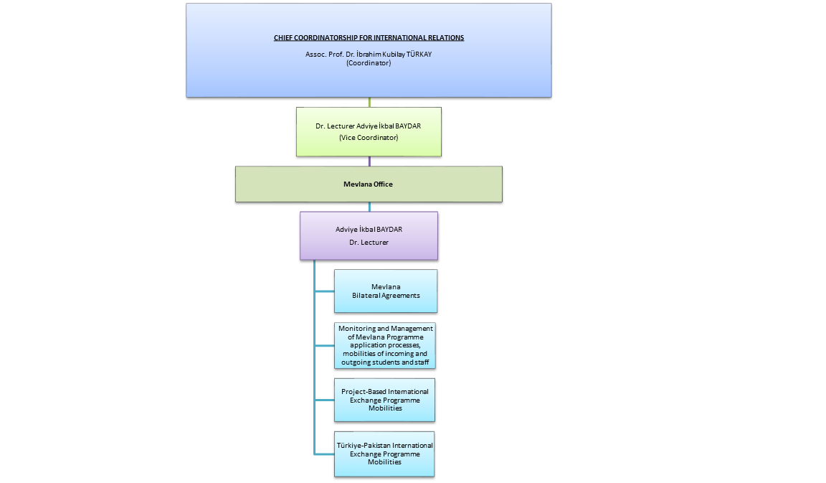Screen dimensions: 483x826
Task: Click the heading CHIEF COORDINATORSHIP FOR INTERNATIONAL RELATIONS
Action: [x=369, y=38]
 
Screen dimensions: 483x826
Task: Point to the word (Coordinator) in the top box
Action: [x=369, y=62]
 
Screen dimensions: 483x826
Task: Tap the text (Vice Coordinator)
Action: [x=369, y=137]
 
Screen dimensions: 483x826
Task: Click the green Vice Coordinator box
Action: [x=369, y=131]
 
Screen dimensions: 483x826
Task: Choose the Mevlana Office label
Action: [x=369, y=184]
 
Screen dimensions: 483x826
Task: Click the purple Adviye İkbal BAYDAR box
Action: [x=369, y=235]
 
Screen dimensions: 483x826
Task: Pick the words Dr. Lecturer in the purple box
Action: [x=369, y=243]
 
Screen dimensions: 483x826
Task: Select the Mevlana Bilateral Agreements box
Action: [x=386, y=291]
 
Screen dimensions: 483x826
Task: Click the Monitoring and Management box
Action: [x=385, y=345]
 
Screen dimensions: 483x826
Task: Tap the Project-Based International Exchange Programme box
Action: [x=385, y=400]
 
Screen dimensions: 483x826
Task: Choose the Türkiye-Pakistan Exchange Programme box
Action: [x=385, y=454]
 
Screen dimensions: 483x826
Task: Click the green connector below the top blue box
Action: [x=369, y=102]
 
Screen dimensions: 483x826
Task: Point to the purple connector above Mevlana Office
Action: [x=369, y=161]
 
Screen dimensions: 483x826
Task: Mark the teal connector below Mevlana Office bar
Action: [x=369, y=207]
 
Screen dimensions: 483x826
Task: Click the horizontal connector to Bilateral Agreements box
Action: [x=324, y=291]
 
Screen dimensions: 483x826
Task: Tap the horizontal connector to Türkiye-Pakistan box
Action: [x=324, y=454]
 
